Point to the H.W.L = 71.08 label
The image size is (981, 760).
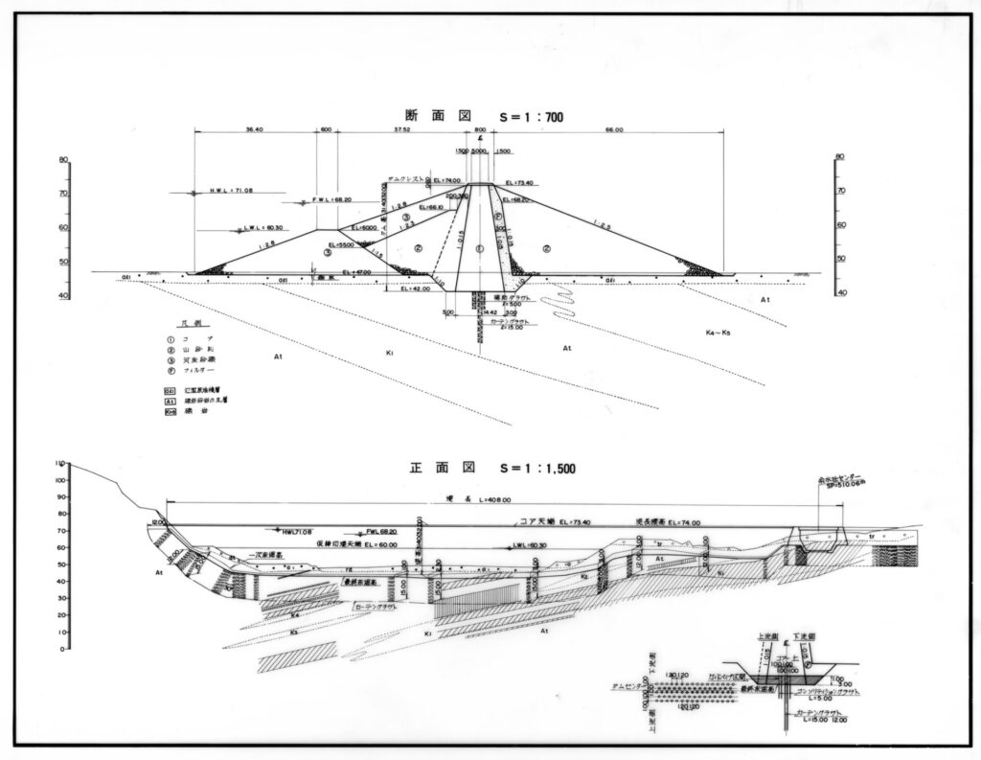(231, 191)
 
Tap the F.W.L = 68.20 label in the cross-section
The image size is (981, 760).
(334, 200)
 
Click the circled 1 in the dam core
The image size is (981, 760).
(480, 248)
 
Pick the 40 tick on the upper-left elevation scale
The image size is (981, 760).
(63, 296)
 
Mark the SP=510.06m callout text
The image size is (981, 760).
(842, 485)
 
